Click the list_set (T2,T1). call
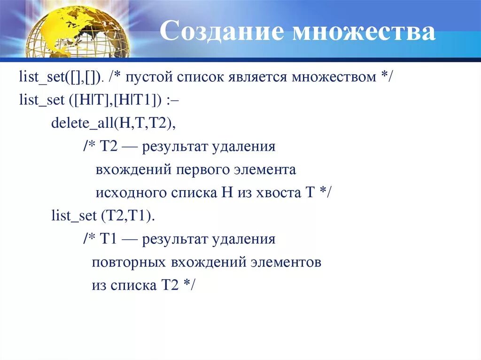coord(103,215)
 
